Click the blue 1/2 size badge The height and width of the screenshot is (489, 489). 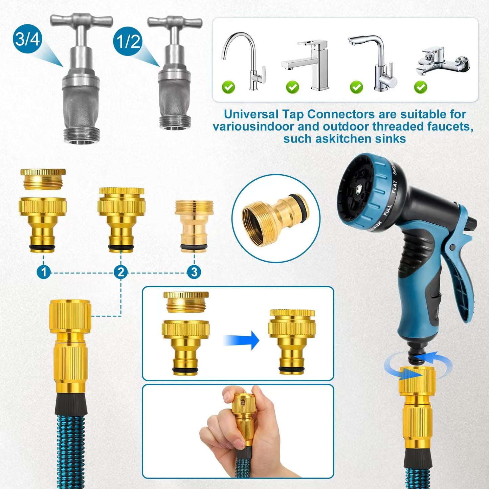coord(128,41)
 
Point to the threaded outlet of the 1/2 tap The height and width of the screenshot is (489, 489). coord(175,122)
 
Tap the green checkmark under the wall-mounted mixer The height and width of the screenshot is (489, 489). coord(420,87)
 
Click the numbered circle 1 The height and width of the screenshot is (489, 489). coord(43,272)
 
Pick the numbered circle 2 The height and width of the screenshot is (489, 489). coord(121,272)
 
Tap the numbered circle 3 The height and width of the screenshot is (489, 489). coord(194,272)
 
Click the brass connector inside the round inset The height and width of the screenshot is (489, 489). coord(274,218)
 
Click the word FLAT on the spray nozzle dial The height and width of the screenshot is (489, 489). coord(394,187)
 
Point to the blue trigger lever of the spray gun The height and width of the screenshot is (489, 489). coord(460,264)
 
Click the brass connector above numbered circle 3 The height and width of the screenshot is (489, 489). coord(194,225)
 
